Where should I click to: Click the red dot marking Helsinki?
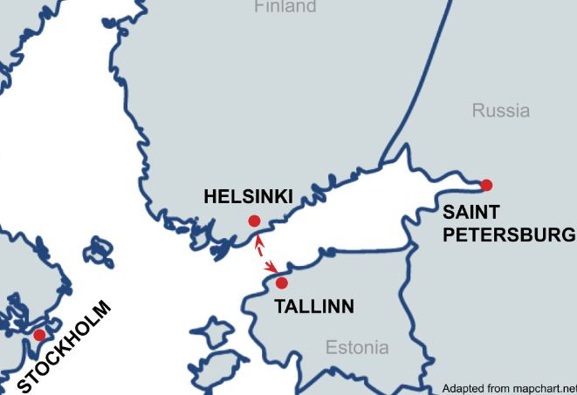[254, 221]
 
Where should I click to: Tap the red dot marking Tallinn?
[281, 283]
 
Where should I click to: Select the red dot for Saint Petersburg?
[486, 185]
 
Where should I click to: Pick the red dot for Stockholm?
[39, 335]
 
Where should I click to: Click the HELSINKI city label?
[248, 196]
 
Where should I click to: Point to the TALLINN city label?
[314, 306]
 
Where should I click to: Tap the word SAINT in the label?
[471, 212]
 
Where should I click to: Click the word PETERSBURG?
[508, 235]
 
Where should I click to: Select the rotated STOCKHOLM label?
[65, 346]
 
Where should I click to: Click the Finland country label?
[285, 7]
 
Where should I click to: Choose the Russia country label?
[500, 111]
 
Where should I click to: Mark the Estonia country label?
[357, 348]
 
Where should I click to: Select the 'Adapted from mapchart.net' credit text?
[509, 388]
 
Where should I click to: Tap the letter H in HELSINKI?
[210, 196]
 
